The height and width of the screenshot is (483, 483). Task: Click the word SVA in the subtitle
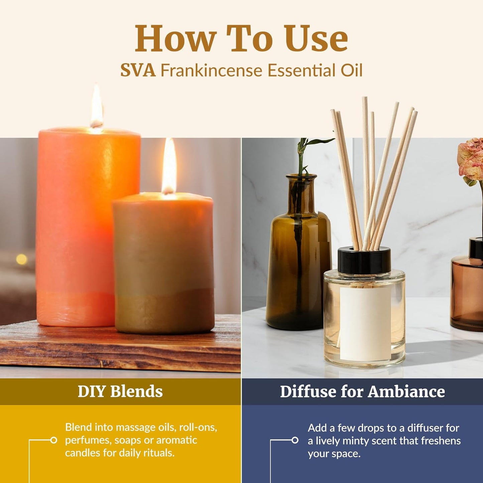[138, 71]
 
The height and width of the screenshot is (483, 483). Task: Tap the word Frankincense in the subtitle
[211, 71]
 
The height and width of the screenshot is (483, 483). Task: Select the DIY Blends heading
[120, 391]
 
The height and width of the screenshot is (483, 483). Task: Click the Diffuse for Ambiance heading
[362, 391]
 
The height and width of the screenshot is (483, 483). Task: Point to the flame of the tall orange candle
[97, 107]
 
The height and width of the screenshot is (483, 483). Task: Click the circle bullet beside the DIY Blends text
[53, 440]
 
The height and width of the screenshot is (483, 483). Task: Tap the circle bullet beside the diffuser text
[295, 440]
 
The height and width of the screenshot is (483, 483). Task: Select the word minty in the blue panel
[363, 441]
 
